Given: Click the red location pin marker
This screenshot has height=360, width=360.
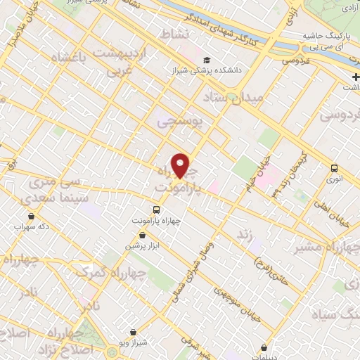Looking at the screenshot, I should [x=181, y=165].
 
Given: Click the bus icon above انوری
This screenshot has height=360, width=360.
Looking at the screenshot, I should [x=333, y=168].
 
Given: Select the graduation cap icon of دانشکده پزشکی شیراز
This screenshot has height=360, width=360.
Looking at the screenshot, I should [x=207, y=60].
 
